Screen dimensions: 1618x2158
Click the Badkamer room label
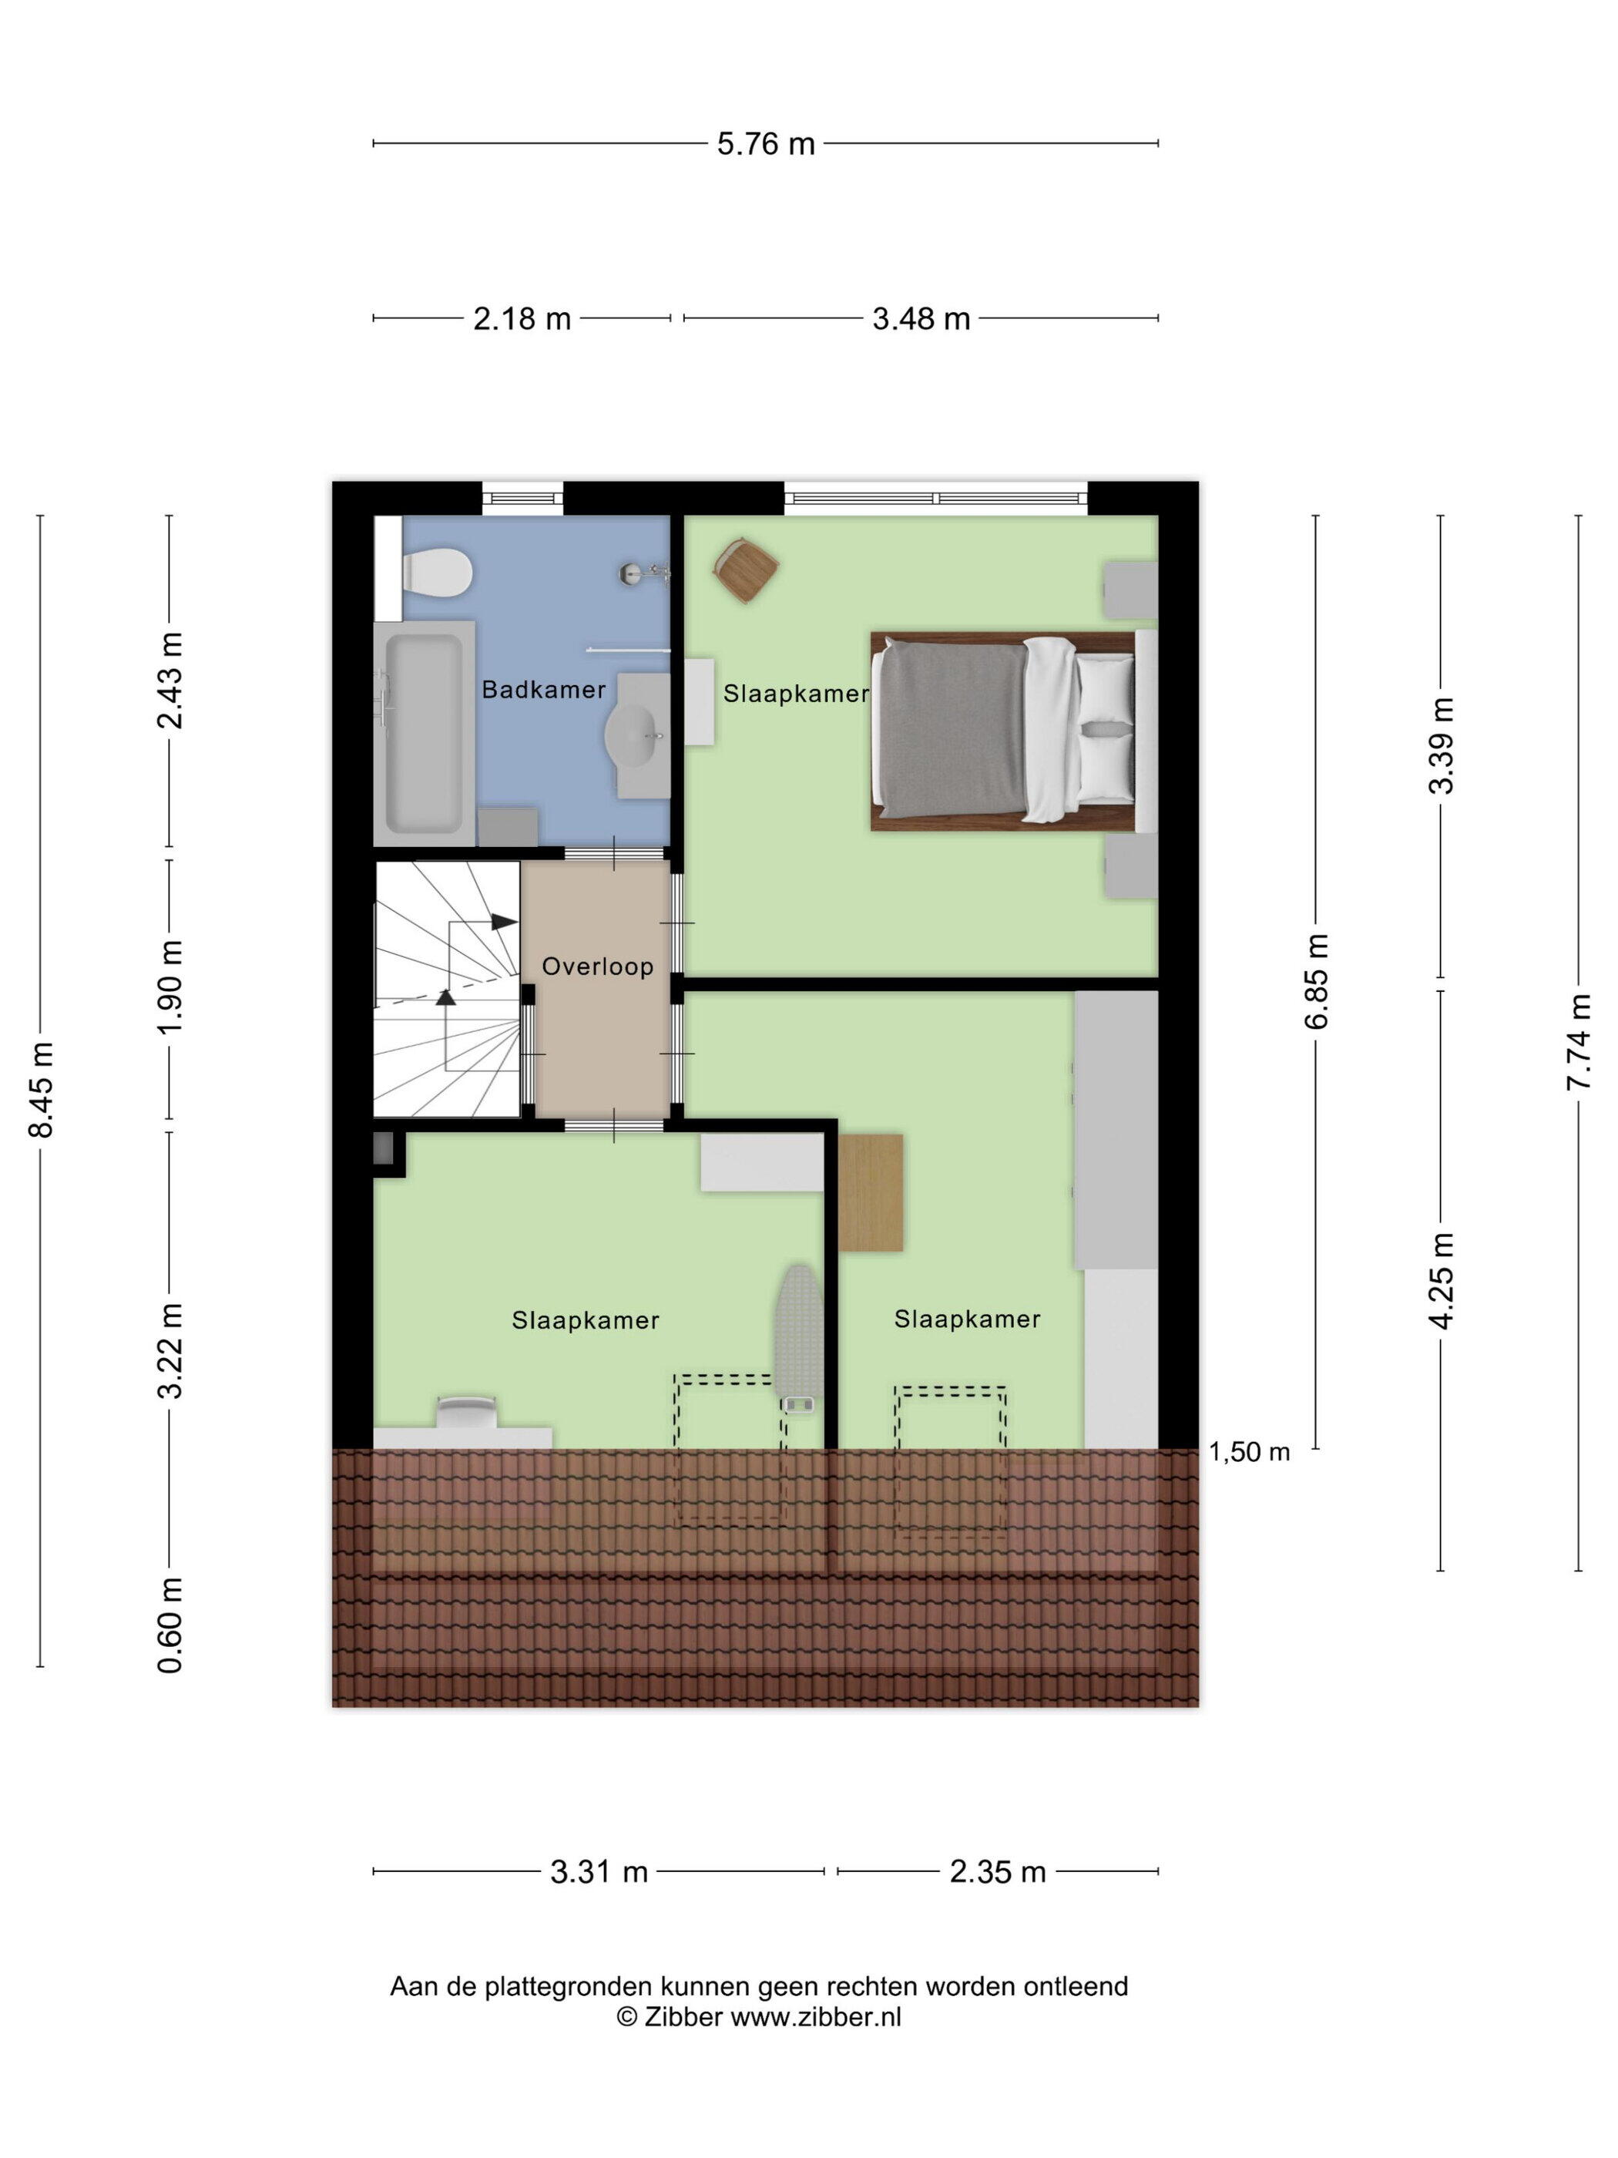tap(543, 690)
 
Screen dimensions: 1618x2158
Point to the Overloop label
tap(597, 966)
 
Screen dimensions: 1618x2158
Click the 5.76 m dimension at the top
tap(766, 144)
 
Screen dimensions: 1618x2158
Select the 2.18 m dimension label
tap(522, 319)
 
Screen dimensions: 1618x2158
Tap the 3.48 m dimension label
tap(921, 319)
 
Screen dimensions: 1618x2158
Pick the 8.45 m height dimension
tap(41, 1089)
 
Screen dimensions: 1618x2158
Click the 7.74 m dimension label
tap(1578, 1041)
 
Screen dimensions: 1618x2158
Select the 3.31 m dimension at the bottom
tap(599, 1872)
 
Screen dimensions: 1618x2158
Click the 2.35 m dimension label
tap(998, 1872)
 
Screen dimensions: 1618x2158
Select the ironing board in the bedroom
tap(799, 1339)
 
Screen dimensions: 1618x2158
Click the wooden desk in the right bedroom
tap(870, 1192)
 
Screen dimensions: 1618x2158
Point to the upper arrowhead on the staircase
tap(504, 921)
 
